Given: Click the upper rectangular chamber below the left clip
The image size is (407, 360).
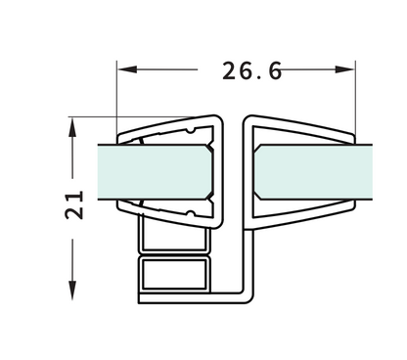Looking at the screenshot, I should coord(173,236).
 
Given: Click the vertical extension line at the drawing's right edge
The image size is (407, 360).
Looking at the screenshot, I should coord(354,98).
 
